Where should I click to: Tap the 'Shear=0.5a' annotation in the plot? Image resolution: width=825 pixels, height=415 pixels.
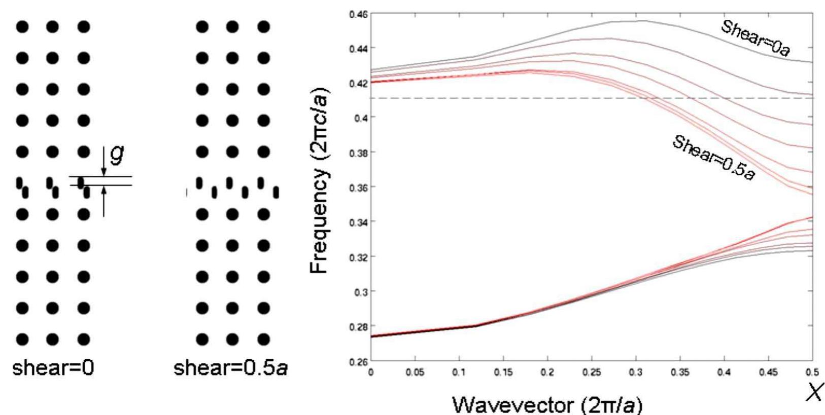click(713, 158)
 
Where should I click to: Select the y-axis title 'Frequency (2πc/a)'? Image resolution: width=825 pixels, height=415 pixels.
click(320, 180)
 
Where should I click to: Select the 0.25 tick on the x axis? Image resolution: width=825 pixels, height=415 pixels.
click(592, 373)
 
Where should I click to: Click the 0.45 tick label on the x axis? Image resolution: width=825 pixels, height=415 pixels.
click(768, 373)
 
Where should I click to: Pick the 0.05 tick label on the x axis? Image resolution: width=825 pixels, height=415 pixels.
click(415, 373)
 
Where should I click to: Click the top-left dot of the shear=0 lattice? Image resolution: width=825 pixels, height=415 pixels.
click(22, 27)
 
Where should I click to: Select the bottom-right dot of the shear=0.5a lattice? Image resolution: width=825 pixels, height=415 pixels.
click(263, 339)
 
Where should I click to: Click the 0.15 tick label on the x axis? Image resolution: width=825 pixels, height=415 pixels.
click(503, 373)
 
